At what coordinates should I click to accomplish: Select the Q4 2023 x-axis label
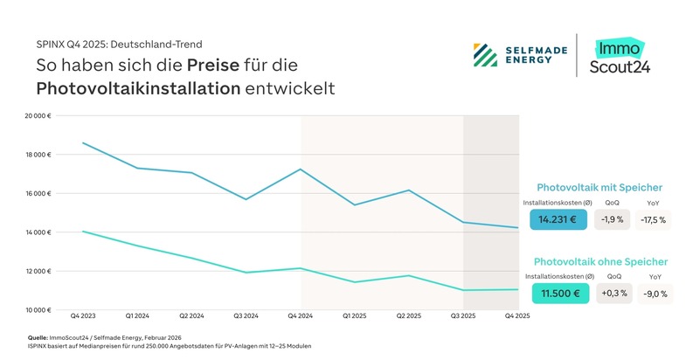click(82, 315)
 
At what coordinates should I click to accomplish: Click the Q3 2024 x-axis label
click(246, 315)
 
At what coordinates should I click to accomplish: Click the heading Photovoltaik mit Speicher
click(599, 187)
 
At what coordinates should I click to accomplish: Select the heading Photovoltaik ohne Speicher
click(600, 261)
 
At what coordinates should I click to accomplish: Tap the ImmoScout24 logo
click(622, 57)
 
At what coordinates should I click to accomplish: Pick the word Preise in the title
click(211, 66)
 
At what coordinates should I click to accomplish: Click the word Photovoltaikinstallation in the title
click(138, 88)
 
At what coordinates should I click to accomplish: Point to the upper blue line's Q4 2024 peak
click(301, 170)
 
